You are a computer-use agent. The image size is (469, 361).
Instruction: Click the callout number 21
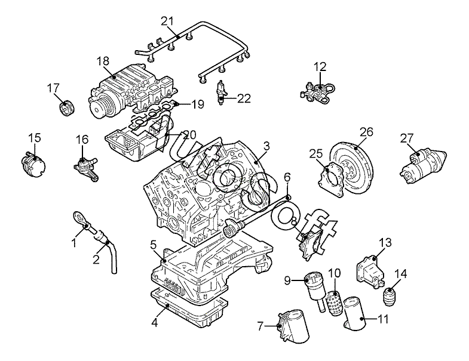point(167,21)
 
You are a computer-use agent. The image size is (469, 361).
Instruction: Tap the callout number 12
point(320,67)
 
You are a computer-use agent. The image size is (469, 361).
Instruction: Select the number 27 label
point(407,138)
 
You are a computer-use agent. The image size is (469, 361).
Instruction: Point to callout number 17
point(53,88)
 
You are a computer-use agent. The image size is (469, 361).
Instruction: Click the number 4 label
point(154,323)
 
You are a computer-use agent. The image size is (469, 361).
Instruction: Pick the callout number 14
point(400,274)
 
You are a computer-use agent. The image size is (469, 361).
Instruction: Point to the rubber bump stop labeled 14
point(390,297)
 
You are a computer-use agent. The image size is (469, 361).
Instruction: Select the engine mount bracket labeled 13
point(370,271)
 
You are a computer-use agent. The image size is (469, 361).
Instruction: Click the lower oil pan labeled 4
point(188,308)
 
